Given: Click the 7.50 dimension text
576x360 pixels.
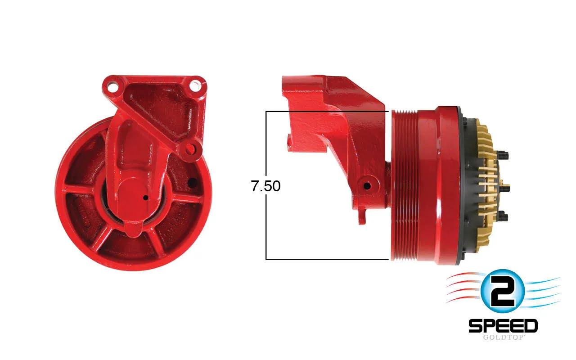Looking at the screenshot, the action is (x=265, y=186).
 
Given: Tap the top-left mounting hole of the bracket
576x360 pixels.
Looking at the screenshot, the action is (x=112, y=86).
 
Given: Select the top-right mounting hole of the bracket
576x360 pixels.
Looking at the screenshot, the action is (x=195, y=85).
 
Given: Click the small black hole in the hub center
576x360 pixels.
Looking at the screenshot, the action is (x=145, y=198).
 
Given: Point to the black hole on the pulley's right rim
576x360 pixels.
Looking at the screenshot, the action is (x=192, y=183).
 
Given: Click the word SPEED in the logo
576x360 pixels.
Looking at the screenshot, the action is (x=503, y=326).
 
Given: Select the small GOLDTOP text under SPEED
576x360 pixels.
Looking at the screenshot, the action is (x=503, y=337).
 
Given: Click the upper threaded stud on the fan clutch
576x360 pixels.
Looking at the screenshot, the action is (x=503, y=155).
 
